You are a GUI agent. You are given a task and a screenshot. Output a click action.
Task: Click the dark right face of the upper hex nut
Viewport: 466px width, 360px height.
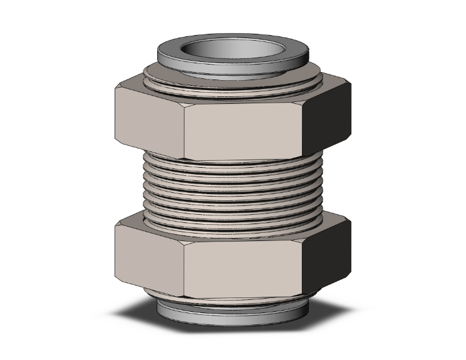329,113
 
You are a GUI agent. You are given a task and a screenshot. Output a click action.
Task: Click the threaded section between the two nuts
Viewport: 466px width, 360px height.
232,188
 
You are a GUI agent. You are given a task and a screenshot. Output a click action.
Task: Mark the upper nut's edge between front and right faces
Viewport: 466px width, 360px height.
306,125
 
